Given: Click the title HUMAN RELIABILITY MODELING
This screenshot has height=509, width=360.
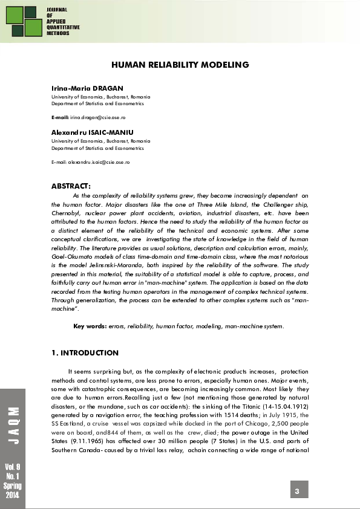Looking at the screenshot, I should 180,65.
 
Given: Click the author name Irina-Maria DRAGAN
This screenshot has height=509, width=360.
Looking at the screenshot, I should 79,88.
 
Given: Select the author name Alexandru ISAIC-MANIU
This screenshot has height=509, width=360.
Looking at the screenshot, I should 88,131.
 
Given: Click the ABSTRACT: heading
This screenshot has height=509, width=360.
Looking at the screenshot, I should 71,186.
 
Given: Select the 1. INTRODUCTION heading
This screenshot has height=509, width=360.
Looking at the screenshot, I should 85,353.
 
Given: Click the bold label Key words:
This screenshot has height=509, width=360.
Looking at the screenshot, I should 90,326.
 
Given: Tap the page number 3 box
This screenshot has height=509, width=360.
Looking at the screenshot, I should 298,490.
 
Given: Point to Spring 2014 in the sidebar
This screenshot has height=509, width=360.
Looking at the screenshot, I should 13,491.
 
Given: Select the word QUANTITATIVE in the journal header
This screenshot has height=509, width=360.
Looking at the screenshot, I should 64,28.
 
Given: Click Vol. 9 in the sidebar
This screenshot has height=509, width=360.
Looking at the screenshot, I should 13,467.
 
